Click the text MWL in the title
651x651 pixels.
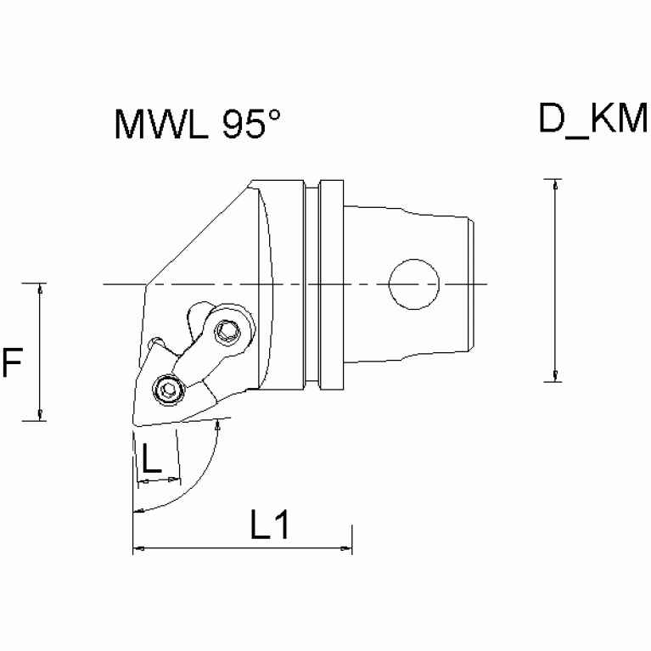[162, 126]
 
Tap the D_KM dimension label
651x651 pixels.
[592, 120]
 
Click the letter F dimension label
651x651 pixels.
[12, 363]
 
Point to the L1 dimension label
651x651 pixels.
[270, 527]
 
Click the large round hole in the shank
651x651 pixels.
[413, 283]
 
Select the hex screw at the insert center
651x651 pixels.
[167, 390]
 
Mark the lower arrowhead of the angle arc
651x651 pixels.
[138, 511]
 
